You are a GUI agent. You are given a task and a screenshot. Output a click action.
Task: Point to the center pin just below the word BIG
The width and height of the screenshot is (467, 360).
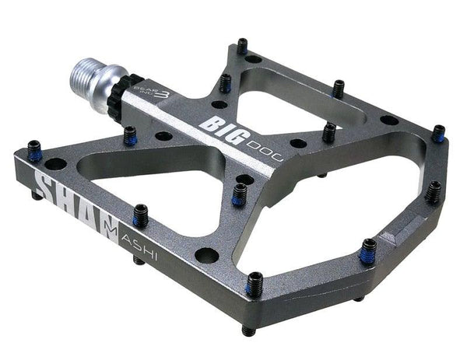pyautogui.click(x=239, y=194)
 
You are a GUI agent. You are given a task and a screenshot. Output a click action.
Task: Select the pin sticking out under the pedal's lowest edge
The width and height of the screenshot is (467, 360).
pyautogui.click(x=248, y=330)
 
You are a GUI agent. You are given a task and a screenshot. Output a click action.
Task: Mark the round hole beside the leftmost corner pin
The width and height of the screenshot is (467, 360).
pyautogui.click(x=56, y=164)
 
